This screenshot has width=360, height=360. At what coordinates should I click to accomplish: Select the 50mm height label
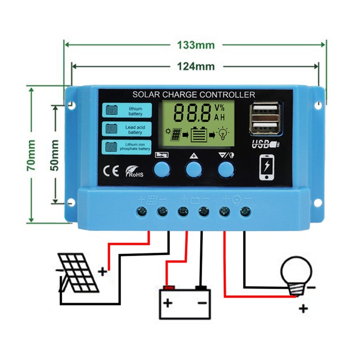point(55,155)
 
